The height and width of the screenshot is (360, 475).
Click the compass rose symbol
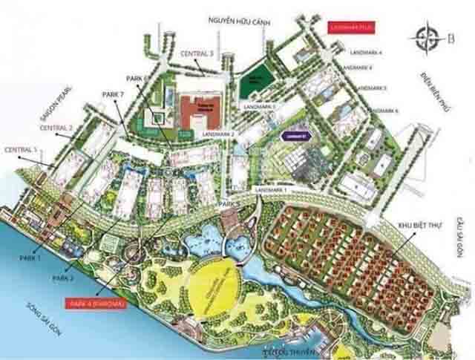[x=429, y=36]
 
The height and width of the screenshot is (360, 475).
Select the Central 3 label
[x=196, y=53]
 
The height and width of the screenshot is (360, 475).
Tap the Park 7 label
[x=111, y=95]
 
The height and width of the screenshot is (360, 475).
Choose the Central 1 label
[x=20, y=150]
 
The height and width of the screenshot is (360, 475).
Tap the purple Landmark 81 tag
[x=295, y=136]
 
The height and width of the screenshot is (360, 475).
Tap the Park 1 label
[x=34, y=256]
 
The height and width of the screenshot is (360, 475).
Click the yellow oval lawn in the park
[x=219, y=285]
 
